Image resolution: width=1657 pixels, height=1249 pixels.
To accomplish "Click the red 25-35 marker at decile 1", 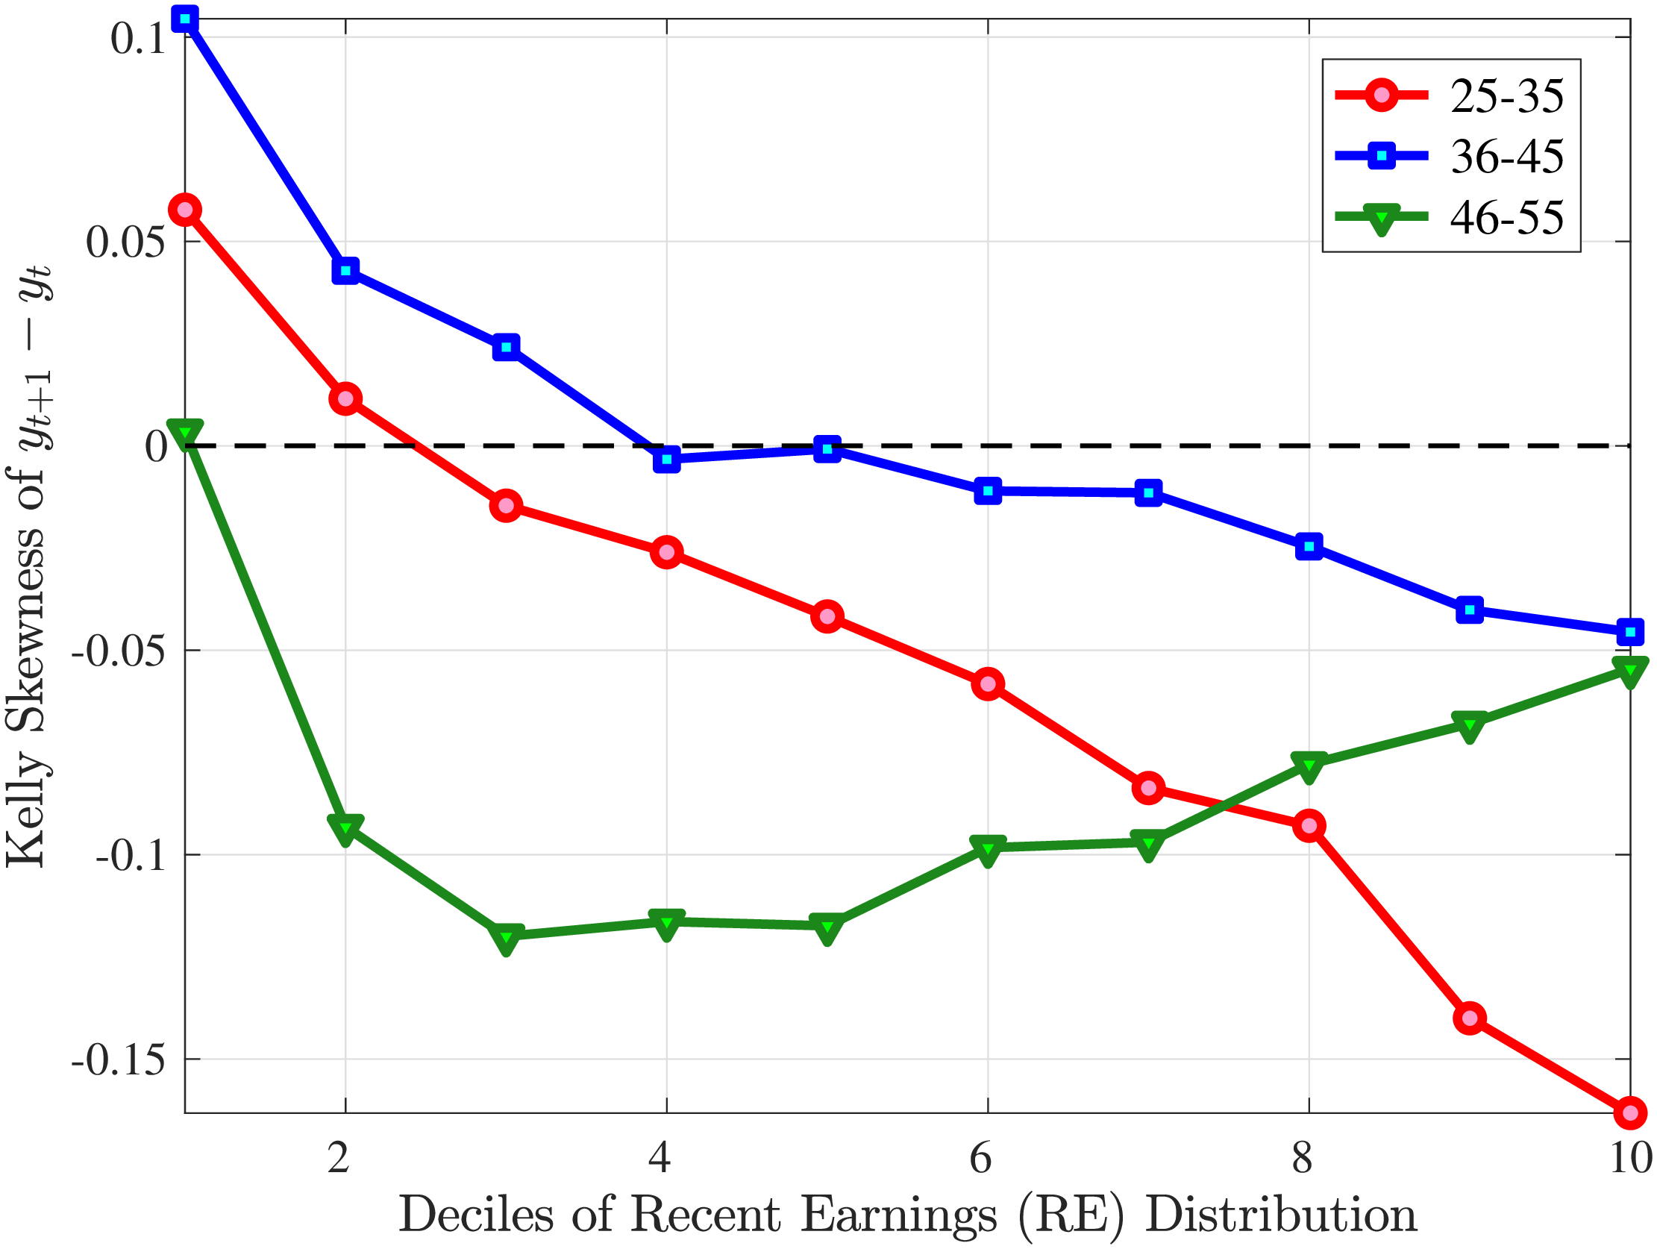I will (185, 210).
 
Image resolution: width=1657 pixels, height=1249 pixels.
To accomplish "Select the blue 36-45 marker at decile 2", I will (345, 270).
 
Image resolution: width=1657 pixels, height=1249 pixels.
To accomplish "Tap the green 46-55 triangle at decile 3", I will (507, 936).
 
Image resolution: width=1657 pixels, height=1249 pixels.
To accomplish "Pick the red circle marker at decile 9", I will (1470, 1018).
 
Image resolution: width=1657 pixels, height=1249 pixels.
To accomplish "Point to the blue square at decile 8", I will (1309, 546).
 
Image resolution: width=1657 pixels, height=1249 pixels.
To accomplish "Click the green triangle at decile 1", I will (185, 432).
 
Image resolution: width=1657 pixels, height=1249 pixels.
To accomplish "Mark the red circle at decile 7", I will (1148, 787).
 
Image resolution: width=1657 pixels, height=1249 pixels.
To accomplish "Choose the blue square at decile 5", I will (827, 449).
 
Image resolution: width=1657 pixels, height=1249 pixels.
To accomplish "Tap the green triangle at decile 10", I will (1630, 669).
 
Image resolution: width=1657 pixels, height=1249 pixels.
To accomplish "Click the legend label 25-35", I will (1507, 97).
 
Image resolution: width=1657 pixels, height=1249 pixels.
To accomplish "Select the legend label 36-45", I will (1507, 157).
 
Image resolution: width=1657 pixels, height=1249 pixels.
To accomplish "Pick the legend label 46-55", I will (1507, 218).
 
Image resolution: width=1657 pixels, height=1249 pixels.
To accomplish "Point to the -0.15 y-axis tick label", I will (119, 1059).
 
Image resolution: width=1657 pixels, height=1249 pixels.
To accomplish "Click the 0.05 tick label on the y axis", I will (125, 242).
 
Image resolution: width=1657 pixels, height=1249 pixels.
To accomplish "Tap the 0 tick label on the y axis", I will (156, 447).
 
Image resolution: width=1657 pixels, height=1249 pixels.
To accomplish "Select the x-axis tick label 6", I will (980, 1157).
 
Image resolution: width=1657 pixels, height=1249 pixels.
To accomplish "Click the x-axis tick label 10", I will (1630, 1157).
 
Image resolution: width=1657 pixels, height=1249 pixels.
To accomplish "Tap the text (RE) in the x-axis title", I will (1071, 1215).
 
